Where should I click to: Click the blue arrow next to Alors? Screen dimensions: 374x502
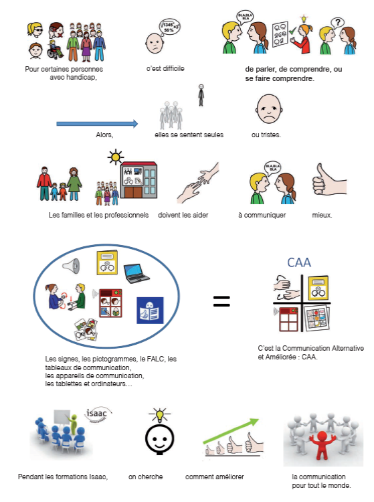97,124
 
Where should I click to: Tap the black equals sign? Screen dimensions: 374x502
221,301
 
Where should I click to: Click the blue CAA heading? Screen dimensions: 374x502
299,262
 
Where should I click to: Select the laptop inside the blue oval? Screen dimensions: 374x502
136,273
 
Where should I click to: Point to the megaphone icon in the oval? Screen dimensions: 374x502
71,266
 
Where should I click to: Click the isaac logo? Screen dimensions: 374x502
98,414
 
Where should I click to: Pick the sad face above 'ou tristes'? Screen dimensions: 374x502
269,109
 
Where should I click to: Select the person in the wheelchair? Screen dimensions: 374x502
55,50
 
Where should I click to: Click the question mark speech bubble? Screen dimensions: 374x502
337,23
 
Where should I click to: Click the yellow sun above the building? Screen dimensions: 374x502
116,157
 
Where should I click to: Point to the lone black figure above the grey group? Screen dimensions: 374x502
201,95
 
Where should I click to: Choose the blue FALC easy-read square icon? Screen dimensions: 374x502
150,311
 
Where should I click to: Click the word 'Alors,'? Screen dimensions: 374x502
104,135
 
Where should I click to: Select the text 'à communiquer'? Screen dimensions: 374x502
262,215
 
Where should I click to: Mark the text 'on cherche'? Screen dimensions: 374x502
146,477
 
